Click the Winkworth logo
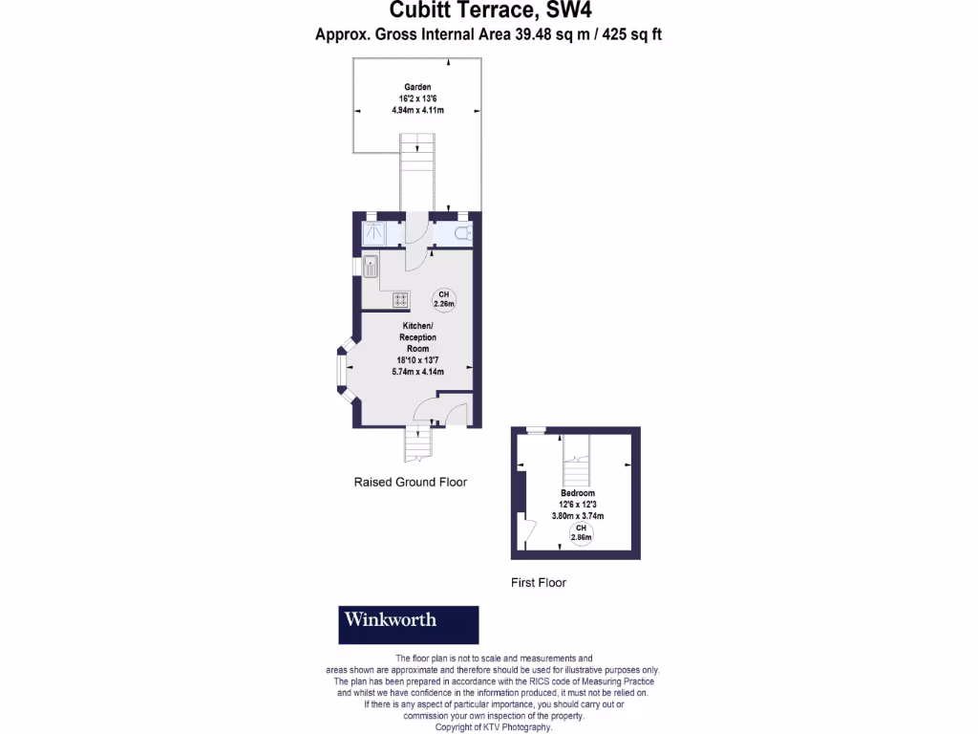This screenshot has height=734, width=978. (x=409, y=624)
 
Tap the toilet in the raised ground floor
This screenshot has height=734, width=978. (x=460, y=234)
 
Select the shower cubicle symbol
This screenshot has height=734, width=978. (x=372, y=234)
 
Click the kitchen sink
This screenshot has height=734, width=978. (x=371, y=267)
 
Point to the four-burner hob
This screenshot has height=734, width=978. (x=400, y=300)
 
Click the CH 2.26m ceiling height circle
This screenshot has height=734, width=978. (x=443, y=298)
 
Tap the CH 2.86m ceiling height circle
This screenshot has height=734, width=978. (x=580, y=532)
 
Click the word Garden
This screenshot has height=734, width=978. (x=415, y=87)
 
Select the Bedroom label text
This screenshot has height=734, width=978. (x=578, y=493)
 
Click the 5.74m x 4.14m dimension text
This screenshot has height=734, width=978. (x=417, y=372)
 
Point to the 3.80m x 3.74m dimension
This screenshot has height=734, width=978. (x=578, y=516)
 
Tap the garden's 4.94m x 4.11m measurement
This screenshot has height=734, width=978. (x=416, y=110)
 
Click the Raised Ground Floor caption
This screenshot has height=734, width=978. (x=411, y=483)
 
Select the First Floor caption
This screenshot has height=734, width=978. (x=540, y=582)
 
